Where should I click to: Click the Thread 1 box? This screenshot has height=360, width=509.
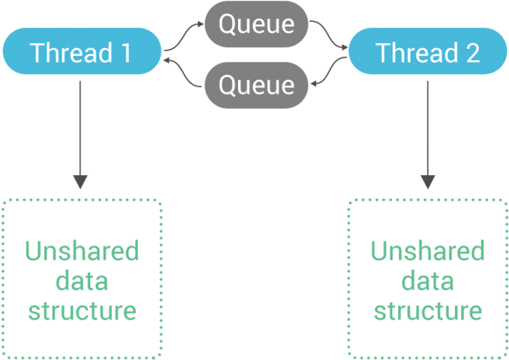(x=82, y=51)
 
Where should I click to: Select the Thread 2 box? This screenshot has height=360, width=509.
(x=428, y=51)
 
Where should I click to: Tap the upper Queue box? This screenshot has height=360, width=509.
(x=257, y=24)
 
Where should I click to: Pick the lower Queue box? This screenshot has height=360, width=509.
(x=257, y=85)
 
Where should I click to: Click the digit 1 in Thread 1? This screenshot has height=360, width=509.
(x=126, y=53)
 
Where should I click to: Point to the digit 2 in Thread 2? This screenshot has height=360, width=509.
(x=473, y=53)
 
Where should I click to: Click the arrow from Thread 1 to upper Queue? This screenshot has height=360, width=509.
(x=184, y=36)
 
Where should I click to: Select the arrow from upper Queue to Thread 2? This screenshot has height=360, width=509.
(x=328, y=35)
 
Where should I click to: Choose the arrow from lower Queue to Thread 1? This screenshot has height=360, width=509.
(x=183, y=73)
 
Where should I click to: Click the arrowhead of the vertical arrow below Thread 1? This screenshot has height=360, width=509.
(x=80, y=182)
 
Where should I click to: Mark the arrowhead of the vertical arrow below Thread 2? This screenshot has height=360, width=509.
(x=428, y=182)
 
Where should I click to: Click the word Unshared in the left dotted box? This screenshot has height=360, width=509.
(x=82, y=250)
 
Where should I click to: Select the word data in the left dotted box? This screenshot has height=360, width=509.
(x=82, y=281)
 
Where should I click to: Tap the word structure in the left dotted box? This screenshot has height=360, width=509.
(x=82, y=311)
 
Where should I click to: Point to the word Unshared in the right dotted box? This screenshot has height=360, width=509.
(x=428, y=250)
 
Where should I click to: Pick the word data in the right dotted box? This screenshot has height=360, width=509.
(x=428, y=281)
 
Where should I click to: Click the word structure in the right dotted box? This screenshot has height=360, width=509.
(x=428, y=311)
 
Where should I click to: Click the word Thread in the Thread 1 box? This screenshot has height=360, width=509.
(x=71, y=52)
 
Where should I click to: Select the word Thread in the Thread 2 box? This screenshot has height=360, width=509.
(x=417, y=52)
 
